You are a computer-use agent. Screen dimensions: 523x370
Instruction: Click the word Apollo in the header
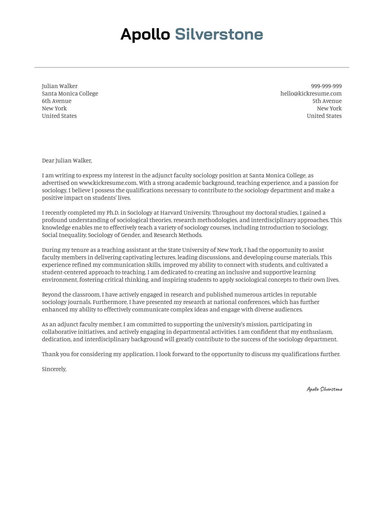pyautogui.click(x=145, y=35)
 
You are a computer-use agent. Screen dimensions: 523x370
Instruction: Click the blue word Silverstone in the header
pyautogui.click(x=219, y=35)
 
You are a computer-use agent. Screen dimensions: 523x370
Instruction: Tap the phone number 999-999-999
pyautogui.click(x=326, y=86)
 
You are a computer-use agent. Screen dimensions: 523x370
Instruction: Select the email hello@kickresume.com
pyautogui.click(x=311, y=93)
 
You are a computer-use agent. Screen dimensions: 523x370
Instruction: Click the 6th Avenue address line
pyautogui.click(x=56, y=101)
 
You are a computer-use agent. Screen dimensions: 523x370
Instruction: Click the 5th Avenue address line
pyautogui.click(x=327, y=101)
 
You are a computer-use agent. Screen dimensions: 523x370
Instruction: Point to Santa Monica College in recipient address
pyautogui.click(x=70, y=93)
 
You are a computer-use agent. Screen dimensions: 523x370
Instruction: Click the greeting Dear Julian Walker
pyautogui.click(x=67, y=160)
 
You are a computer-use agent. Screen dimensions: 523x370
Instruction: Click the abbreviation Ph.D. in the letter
pyautogui.click(x=112, y=213)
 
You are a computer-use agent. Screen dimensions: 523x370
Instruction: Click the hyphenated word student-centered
pyautogui.click(x=64, y=272)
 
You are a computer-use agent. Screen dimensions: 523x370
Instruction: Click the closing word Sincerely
pyautogui.click(x=54, y=369)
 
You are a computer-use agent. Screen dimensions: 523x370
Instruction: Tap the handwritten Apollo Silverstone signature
pyautogui.click(x=324, y=389)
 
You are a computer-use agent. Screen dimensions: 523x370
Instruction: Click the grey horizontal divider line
pyautogui.click(x=192, y=68)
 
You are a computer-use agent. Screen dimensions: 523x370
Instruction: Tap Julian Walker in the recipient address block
pyautogui.click(x=59, y=86)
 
